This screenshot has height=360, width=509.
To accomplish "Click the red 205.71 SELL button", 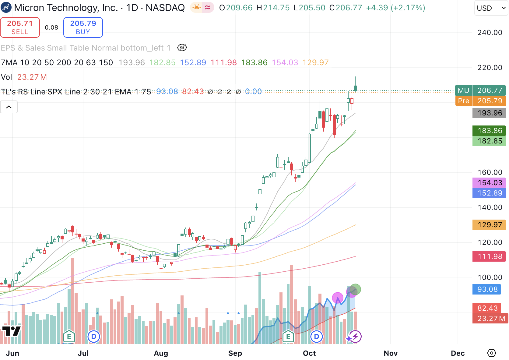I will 20,27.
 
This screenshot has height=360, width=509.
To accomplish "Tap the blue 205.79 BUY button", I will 83,27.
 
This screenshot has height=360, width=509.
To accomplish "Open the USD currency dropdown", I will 491,8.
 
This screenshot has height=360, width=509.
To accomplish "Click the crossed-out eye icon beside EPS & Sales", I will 182,48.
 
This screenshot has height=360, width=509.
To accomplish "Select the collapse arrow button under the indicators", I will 9,107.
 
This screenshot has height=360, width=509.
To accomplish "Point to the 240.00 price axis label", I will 490,33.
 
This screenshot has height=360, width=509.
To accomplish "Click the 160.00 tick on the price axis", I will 490,172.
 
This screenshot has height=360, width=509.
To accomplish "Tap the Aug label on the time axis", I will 161,353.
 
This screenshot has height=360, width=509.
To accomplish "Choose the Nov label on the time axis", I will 390,353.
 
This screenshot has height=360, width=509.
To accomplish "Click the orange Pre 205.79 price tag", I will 480,101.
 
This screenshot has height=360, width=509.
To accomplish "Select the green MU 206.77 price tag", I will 480,90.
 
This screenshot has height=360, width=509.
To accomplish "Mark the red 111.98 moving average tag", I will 489,256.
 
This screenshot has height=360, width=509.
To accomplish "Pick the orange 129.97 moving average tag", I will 489,225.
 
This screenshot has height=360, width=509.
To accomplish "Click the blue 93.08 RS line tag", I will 487,289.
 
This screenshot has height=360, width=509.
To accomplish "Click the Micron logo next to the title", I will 6,8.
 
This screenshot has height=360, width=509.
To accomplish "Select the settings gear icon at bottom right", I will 492,353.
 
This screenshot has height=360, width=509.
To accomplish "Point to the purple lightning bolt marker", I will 355,337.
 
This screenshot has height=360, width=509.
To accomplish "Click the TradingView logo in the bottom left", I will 11,331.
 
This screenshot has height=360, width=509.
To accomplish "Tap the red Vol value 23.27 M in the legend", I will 32,77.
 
